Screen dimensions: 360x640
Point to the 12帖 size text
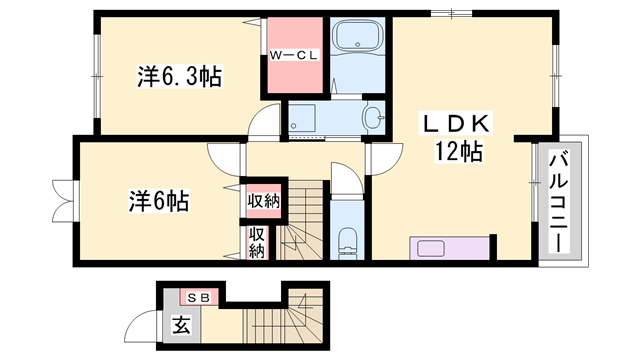(x=459, y=153)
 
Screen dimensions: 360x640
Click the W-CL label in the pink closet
(x=293, y=56)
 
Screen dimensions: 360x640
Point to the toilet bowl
(x=347, y=240)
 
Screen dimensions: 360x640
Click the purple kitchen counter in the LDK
(x=450, y=247)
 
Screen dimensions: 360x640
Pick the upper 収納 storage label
(x=264, y=201)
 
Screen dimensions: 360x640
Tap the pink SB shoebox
(x=196, y=297)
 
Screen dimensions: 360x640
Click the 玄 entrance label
(x=181, y=326)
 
